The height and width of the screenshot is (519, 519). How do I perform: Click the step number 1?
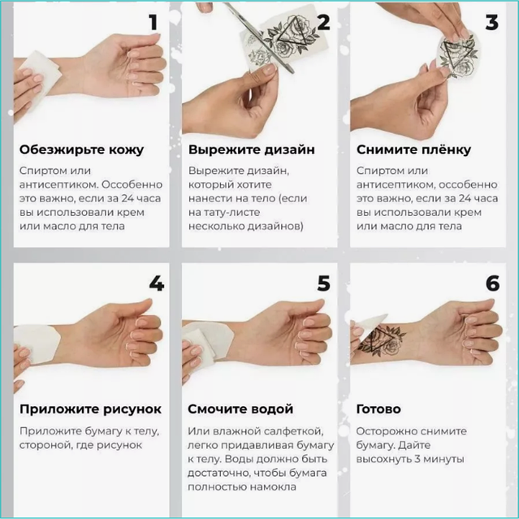click(154, 23)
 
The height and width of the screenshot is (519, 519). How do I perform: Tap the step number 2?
click(323, 23)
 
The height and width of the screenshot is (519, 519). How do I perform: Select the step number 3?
click(492, 23)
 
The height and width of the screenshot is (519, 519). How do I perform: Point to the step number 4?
click(157, 283)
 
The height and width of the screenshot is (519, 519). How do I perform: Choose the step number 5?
click(324, 283)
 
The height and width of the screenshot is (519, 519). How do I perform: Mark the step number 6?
click(492, 283)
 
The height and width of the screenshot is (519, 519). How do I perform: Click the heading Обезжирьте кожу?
click(81, 149)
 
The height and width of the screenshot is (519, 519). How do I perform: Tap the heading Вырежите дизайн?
click(252, 149)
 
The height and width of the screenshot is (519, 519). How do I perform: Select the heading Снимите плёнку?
click(413, 149)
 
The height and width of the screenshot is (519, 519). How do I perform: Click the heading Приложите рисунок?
click(90, 409)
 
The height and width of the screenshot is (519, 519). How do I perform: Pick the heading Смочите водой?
click(240, 409)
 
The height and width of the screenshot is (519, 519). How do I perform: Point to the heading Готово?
click(378, 409)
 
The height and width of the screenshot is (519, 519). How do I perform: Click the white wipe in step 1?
click(41, 76)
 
